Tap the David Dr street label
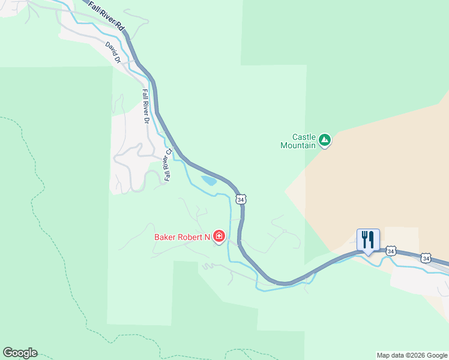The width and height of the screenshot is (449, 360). click(113, 52)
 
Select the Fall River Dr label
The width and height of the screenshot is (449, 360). click(145, 106)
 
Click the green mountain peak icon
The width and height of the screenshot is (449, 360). click(325, 140)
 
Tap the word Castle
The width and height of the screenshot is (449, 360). click(304, 136)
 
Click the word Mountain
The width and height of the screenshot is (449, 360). click(298, 145)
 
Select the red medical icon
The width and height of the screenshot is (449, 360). click(219, 236)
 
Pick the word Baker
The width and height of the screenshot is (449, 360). click(166, 237)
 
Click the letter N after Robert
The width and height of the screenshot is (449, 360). click(207, 237)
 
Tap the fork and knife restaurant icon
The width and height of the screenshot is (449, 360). click(367, 239)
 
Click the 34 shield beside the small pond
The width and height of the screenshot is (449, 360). click(241, 199)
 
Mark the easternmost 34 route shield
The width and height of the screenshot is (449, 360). click(426, 258)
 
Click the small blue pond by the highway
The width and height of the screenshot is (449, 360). click(209, 180)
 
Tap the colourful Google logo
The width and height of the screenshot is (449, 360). click(20, 353)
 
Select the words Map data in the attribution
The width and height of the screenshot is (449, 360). click(389, 355)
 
